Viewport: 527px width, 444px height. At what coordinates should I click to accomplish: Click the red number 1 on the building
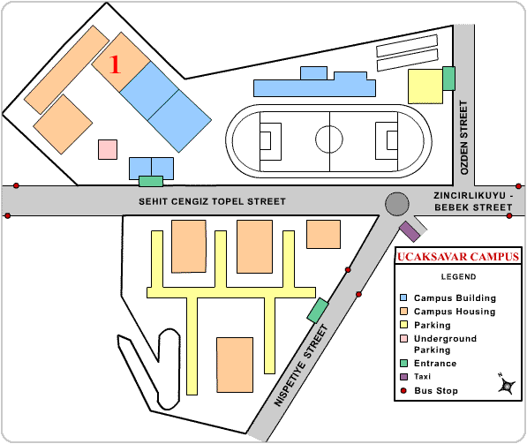click(115, 64)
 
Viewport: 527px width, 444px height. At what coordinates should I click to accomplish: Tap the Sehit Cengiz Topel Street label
click(212, 201)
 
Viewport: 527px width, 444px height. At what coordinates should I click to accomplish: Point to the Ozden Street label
click(464, 138)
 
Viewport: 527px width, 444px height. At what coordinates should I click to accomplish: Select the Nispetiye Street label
click(301, 365)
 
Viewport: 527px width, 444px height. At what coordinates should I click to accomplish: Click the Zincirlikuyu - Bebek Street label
click(473, 201)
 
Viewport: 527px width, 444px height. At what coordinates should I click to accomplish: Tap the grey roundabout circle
click(397, 204)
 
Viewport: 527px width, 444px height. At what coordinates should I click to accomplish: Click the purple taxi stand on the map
click(410, 231)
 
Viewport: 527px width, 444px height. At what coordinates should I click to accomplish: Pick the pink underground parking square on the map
click(108, 149)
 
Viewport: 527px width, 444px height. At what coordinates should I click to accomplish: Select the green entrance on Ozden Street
click(448, 79)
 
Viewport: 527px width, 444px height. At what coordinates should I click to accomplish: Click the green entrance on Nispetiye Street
click(318, 310)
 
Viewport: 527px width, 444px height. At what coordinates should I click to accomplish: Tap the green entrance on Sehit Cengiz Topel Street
click(151, 182)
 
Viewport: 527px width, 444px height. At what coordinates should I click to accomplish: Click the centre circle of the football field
click(329, 139)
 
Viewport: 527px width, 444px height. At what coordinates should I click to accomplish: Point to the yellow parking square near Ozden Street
click(425, 87)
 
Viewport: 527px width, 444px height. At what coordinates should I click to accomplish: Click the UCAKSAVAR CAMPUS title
click(458, 257)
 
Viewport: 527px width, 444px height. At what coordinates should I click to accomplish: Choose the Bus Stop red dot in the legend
click(403, 390)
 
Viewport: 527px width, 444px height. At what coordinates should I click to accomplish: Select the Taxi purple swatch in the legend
click(403, 377)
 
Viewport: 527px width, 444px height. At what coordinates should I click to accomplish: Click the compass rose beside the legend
click(507, 384)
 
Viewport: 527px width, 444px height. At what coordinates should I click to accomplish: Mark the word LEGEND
click(458, 277)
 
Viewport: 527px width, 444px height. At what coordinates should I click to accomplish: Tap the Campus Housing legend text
click(455, 312)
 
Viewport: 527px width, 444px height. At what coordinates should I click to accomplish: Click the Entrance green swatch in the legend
click(403, 364)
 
